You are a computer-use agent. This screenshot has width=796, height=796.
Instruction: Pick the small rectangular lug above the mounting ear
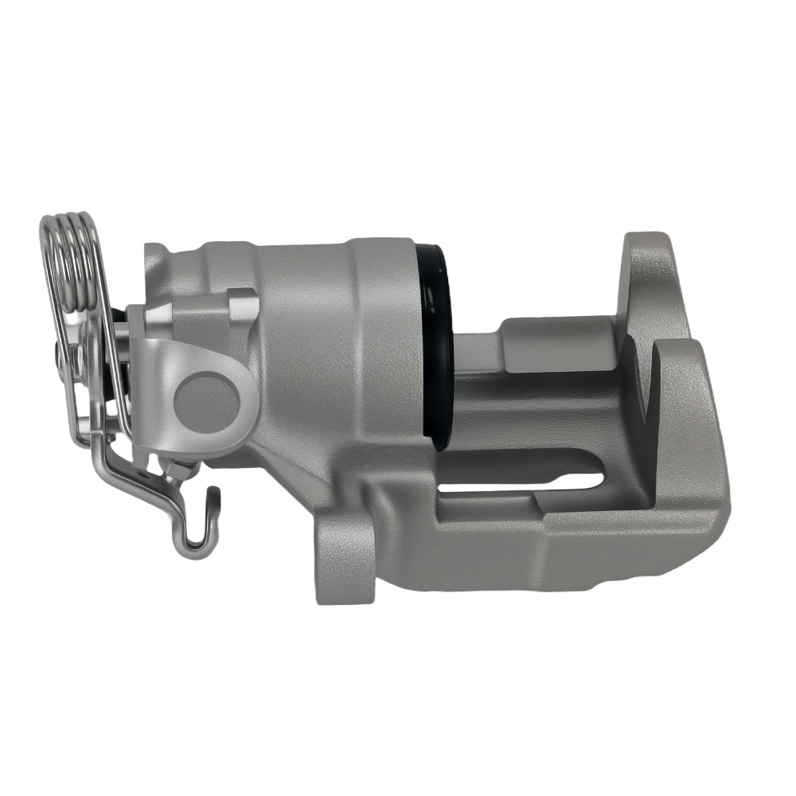pos(242,306)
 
